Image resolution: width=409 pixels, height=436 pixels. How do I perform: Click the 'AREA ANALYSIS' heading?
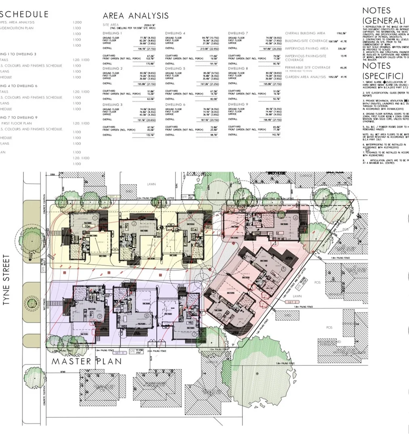tap(135, 16)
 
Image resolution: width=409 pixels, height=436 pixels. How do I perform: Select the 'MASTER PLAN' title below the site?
tap(86, 361)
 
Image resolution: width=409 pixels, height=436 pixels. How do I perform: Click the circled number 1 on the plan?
tap(94, 217)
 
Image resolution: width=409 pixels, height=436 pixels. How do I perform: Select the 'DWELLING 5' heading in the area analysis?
tap(175, 69)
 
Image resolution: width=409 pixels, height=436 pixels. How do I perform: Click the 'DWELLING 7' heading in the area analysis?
tap(238, 33)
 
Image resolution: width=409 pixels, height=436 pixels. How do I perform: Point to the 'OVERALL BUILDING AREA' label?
tap(305, 33)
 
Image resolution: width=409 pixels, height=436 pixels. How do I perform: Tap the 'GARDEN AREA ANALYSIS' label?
tap(305, 77)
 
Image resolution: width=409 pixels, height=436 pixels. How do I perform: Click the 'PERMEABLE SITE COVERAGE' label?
tap(308, 67)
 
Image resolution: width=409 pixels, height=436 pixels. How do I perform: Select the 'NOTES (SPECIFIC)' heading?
tap(382, 71)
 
